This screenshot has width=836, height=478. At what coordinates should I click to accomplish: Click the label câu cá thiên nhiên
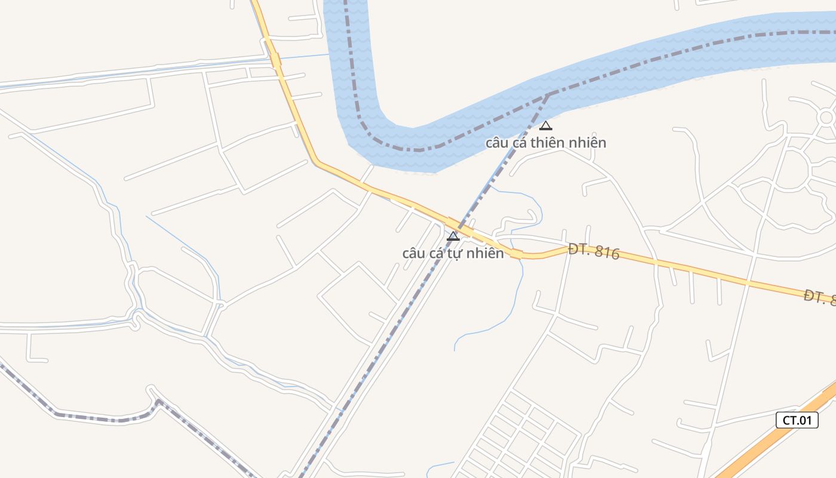(545, 143)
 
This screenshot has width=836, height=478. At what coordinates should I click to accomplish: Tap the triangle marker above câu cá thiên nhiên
(545, 125)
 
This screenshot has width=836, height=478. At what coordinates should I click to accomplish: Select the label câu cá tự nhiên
(453, 253)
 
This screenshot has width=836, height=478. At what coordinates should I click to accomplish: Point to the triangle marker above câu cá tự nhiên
(453, 236)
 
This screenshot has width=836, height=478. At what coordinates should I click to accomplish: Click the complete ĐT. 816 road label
(594, 252)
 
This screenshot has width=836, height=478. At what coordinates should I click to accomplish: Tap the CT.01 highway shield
(797, 420)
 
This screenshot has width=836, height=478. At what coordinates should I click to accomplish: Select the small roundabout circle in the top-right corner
(827, 117)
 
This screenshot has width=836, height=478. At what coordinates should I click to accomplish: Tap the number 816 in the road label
(607, 254)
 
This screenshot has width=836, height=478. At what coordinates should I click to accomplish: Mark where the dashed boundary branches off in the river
(548, 94)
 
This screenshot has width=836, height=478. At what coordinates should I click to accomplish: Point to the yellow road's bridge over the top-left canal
(275, 60)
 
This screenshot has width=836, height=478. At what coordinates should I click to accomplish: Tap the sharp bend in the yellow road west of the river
(317, 161)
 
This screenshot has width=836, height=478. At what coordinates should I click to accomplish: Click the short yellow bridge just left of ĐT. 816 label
(517, 254)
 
